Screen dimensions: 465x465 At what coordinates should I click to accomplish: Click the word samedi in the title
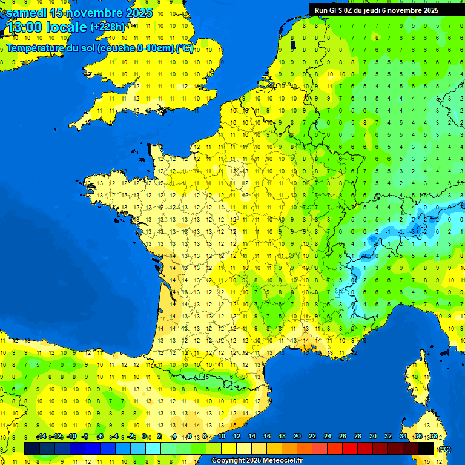[27, 12]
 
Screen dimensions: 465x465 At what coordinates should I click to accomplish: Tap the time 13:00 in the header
[24, 27]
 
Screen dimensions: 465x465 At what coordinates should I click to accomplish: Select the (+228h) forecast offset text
[108, 27]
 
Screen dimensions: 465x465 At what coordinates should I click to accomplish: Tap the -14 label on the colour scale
[41, 436]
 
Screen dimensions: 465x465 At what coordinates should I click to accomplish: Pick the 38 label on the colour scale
[434, 436]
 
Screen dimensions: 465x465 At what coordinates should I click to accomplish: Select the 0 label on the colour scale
[144, 436]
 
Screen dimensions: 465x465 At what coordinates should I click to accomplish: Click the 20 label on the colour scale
[297, 436]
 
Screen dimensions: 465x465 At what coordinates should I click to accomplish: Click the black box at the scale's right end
[426, 449]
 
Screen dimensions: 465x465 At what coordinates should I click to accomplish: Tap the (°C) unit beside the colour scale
[444, 449]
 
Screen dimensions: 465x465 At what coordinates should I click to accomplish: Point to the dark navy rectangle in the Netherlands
[293, 44]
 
